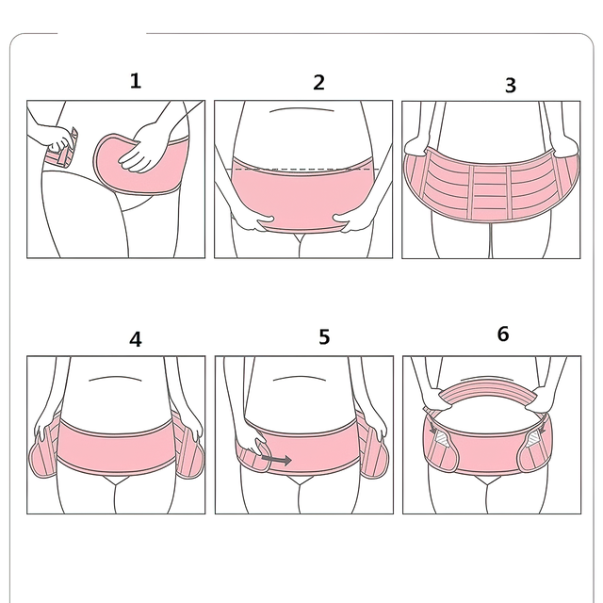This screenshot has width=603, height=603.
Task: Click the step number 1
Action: pos(136,81)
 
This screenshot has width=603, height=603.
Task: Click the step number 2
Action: pos(318,82)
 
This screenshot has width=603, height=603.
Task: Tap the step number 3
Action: pos(511,86)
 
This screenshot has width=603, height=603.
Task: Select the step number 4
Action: pos(135,339)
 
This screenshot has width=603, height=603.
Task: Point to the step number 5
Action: pos(324,336)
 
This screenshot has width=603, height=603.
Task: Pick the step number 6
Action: pos(503,334)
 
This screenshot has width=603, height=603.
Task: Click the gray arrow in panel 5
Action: pos(276,460)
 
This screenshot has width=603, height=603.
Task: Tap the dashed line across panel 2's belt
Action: pos(303,169)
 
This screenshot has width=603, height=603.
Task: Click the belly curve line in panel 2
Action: pos(301,109)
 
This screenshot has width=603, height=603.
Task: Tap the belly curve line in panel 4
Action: pos(115,379)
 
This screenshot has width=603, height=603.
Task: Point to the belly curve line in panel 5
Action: pos(300,379)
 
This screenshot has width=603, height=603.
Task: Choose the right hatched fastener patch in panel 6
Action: pos(534,438)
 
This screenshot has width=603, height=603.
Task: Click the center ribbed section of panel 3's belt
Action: pos(490,192)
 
